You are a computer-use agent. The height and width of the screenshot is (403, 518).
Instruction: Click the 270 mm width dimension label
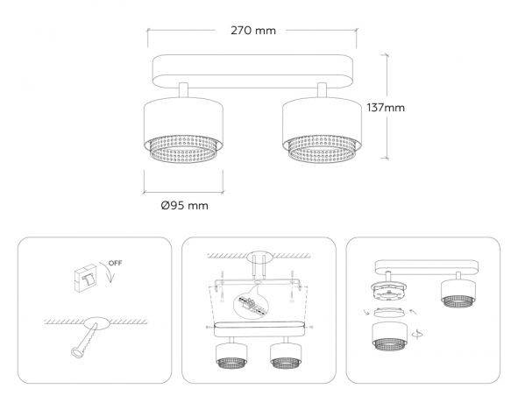point(253,30)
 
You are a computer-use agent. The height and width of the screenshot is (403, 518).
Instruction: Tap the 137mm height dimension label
point(385,107)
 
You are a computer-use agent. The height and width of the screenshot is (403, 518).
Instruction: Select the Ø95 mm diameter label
point(184,205)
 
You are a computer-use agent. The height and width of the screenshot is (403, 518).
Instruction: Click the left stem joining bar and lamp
point(183,91)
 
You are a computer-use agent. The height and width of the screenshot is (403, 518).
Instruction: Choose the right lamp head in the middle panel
point(286,355)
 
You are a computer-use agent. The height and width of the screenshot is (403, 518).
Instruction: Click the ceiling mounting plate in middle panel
point(259,258)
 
